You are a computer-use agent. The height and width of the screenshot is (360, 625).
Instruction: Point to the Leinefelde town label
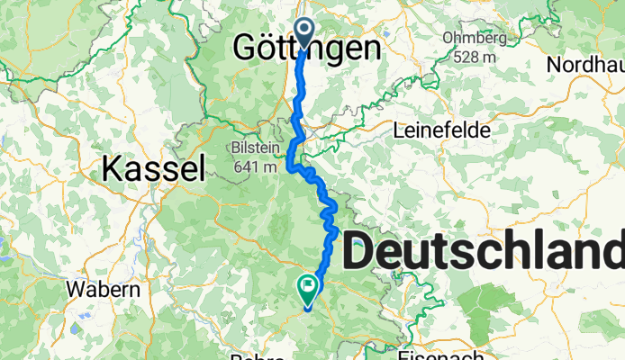442,130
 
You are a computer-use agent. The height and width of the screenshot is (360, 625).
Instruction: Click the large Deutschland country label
483,251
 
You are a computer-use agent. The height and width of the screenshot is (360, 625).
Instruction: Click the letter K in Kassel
113,167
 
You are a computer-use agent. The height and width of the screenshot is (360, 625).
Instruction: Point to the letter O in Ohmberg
448,39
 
